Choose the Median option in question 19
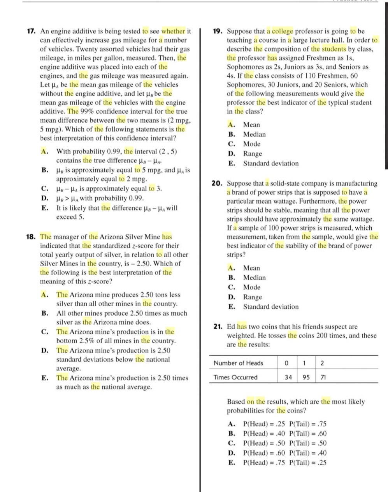point(255,135)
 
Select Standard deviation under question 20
point(271,307)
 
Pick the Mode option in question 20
point(252,287)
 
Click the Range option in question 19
point(253,154)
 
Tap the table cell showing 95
point(306,377)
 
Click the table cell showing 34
point(288,377)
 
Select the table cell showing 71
point(323,377)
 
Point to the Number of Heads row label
point(238,363)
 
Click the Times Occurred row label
point(235,377)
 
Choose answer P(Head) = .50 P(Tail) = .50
point(284,443)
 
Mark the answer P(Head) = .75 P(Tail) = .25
point(284,463)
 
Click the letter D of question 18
point(44,351)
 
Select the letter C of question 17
point(44,189)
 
